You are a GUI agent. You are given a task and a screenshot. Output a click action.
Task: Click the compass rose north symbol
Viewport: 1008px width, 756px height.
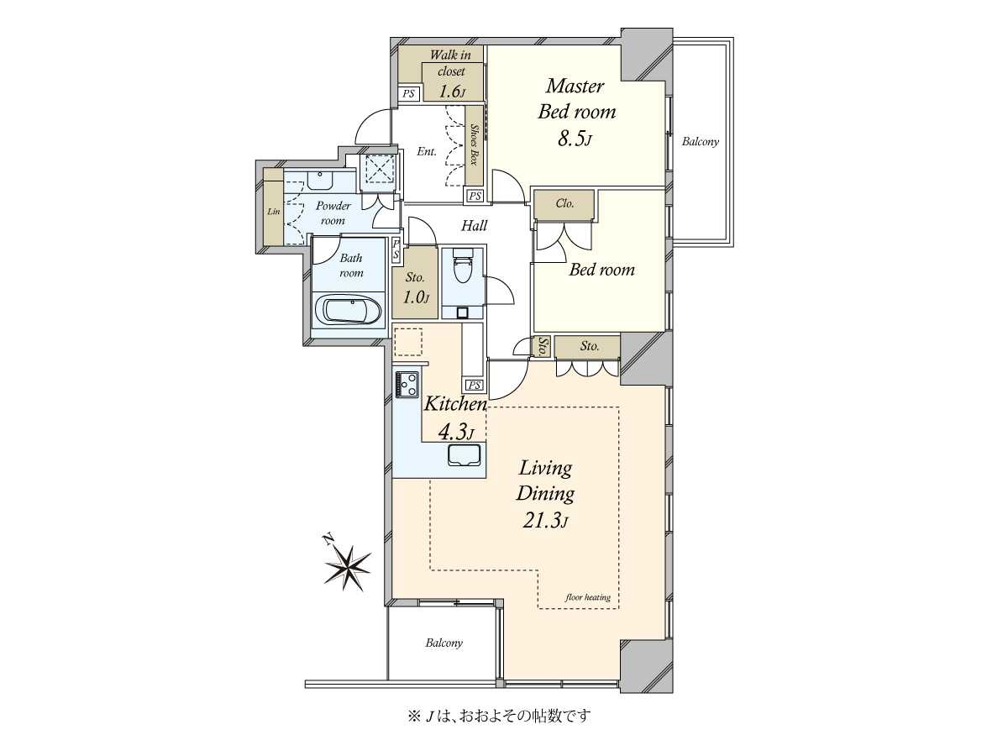(x=348, y=567)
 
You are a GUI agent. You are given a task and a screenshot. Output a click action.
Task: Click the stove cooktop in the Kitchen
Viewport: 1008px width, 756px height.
(x=407, y=384)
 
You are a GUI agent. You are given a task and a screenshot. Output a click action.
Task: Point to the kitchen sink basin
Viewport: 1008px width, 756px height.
(x=465, y=455)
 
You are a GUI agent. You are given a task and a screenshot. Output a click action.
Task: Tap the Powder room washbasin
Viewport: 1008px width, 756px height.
(x=320, y=180)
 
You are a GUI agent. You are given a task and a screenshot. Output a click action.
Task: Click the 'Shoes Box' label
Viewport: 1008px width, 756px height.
(x=474, y=144)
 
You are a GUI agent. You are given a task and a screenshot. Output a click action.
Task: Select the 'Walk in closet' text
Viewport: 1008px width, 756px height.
(x=450, y=63)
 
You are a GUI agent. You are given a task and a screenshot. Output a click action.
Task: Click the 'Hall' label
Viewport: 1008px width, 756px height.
(x=475, y=225)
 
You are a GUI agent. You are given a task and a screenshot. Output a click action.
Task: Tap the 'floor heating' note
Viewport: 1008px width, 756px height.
(x=588, y=597)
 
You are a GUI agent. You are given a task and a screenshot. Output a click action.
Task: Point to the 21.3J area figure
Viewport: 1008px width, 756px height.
(x=545, y=521)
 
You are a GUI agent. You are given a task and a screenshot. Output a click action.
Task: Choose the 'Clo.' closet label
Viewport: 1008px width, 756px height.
(x=564, y=203)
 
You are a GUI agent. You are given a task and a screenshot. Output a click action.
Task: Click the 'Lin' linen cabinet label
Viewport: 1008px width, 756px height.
(x=274, y=212)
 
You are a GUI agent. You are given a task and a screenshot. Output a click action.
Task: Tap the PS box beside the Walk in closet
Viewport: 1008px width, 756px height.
(x=408, y=93)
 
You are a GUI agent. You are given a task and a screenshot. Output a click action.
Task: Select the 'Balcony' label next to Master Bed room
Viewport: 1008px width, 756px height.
(x=701, y=141)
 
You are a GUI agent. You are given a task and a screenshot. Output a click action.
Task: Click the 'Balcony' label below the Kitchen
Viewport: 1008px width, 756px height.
(x=444, y=643)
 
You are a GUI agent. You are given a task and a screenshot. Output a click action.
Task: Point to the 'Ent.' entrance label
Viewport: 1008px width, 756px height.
(x=427, y=151)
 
